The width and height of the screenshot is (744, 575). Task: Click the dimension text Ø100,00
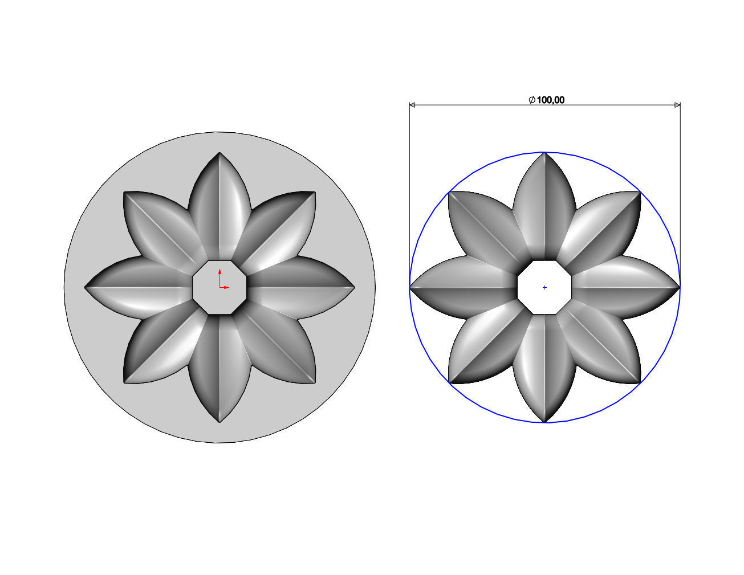click(547, 100)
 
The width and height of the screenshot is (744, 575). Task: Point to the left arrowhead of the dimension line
click(412, 105)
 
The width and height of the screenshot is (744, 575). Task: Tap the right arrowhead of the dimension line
click(677, 105)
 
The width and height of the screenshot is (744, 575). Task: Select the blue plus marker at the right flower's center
click(544, 287)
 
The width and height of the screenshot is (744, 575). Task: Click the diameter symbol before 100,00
click(531, 100)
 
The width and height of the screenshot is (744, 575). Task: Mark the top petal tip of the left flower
click(219, 153)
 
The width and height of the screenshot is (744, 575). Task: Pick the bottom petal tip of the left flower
click(219, 421)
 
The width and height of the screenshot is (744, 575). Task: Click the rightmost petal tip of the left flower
click(353, 287)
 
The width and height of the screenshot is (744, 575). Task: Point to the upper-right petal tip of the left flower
click(314, 193)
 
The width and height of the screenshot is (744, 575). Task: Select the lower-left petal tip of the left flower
click(125, 382)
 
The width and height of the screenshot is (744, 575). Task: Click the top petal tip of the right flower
click(544, 153)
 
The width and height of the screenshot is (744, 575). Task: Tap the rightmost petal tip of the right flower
click(678, 287)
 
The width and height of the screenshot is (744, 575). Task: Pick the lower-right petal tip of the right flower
click(640, 382)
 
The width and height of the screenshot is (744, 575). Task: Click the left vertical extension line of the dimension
click(409, 194)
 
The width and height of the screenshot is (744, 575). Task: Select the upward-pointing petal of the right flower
click(544, 211)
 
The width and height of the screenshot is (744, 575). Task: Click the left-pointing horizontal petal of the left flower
click(140, 287)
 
